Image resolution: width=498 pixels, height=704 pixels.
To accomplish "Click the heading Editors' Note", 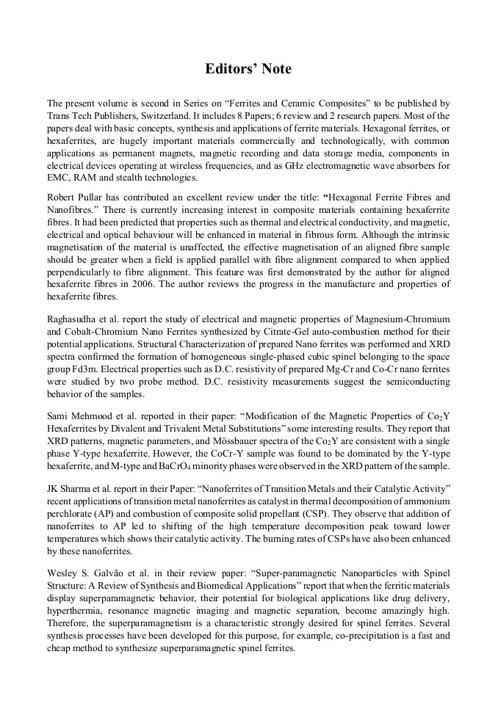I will [x=248, y=69].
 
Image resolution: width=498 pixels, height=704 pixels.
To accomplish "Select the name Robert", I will [x=62, y=197].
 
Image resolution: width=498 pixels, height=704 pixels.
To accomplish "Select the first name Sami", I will [x=58, y=417].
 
